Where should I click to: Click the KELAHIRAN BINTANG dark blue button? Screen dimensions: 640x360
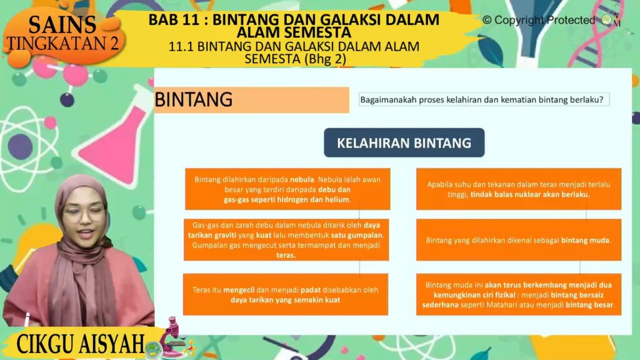404,143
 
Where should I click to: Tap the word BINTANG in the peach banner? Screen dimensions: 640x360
194,99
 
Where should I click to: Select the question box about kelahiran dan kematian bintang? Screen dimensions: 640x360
484,99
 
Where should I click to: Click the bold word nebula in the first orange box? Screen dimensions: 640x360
302,179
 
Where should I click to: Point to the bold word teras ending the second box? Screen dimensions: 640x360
286,256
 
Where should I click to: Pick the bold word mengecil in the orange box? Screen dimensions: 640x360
239,290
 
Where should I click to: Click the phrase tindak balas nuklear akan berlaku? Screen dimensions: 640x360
530,195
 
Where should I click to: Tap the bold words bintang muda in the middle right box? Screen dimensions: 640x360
586,241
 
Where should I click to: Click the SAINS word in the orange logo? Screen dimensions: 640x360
62,25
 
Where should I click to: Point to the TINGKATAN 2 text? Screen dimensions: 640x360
63,43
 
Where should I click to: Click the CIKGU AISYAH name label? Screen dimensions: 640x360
81,343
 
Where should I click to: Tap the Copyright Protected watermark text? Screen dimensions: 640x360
539,20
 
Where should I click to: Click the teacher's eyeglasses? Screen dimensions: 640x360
84,214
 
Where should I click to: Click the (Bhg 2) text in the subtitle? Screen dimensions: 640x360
325,59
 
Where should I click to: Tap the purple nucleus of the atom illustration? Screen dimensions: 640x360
20,146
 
